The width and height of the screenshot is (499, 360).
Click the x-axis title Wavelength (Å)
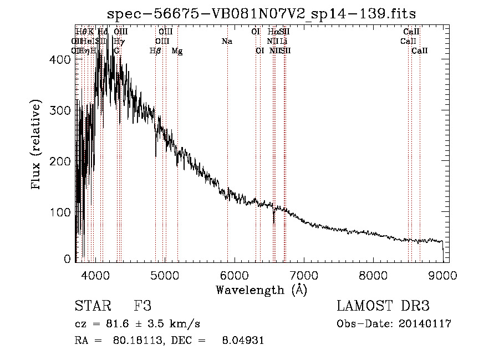pyautogui.click(x=261, y=290)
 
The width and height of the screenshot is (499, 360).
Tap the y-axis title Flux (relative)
pyautogui.click(x=37, y=145)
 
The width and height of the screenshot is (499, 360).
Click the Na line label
pyautogui.click(x=226, y=41)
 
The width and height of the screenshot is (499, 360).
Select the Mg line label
pyautogui.click(x=177, y=51)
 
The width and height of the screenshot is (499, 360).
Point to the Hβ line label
pyautogui.click(x=156, y=51)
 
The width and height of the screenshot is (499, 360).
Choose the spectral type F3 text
pyautogui.click(x=142, y=306)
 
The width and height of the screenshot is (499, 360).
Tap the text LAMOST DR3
pyautogui.click(x=383, y=306)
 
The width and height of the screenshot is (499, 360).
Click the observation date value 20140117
pyautogui.click(x=425, y=324)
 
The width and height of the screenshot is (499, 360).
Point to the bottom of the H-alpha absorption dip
pyautogui.click(x=273, y=223)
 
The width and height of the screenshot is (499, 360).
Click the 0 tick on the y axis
pyautogui.click(x=68, y=259)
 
